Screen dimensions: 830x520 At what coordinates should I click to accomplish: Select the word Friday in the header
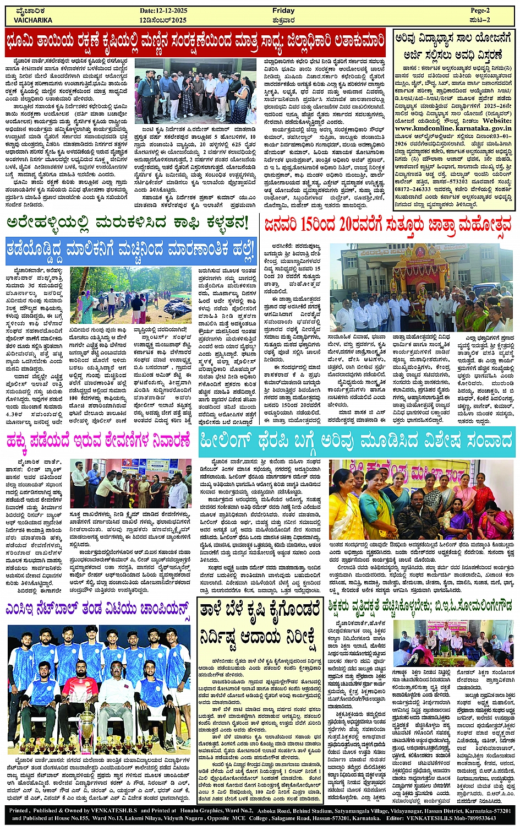tap(283, 10)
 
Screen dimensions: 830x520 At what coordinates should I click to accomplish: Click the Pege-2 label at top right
tap(480, 10)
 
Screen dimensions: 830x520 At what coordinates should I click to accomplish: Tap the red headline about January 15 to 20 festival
tap(387, 225)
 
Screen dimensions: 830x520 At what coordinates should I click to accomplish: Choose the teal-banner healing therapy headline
tap(357, 441)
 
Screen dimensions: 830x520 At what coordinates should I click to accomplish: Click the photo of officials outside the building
tap(194, 91)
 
